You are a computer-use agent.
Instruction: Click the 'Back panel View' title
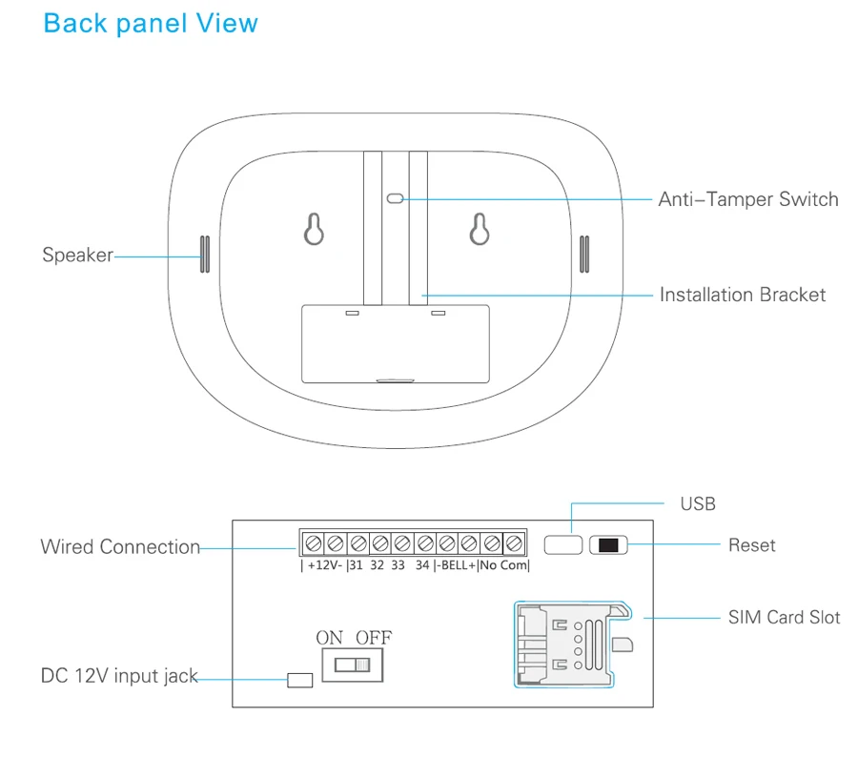[x=151, y=24]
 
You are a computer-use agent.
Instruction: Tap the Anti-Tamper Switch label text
[x=748, y=199]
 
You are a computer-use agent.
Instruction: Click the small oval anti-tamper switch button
[x=395, y=198]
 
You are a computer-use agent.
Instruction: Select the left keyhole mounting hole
[x=314, y=229]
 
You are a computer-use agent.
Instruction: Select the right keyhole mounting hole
[x=480, y=229]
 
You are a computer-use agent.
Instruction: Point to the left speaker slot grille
[x=205, y=254]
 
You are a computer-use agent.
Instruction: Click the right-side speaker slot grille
[x=584, y=254]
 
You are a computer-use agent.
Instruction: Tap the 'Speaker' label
[x=78, y=256]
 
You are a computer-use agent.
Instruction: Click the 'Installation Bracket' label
[x=743, y=295]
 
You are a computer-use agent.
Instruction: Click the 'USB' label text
[x=698, y=503]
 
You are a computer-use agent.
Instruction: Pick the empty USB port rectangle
[x=563, y=544]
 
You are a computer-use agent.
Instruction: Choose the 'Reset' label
[x=752, y=545]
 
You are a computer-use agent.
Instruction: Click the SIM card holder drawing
[x=573, y=644]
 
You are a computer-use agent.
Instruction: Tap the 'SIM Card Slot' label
[x=784, y=618]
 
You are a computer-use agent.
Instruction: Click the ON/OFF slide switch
[x=353, y=665]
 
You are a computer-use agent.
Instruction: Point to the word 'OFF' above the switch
[x=374, y=638]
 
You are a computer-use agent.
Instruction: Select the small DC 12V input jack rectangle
[x=300, y=680]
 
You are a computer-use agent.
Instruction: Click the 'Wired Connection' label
[x=120, y=547]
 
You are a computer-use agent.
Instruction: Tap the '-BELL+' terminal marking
[x=459, y=564]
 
